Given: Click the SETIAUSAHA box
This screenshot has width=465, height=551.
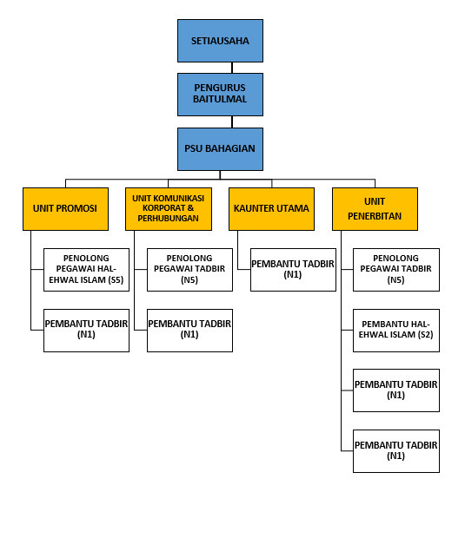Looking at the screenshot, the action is (220, 41).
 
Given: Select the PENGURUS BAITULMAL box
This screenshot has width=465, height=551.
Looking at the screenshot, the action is (220, 95).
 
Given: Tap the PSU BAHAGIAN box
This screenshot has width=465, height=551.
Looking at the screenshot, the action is (220, 149).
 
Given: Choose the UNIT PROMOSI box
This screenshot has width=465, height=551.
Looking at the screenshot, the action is (65, 209).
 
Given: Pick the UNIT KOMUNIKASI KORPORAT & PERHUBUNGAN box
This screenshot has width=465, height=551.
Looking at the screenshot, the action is (169, 209).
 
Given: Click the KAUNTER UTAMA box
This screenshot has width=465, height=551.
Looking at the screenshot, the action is (271, 209).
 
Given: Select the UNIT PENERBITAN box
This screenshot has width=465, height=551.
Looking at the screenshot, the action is (375, 209).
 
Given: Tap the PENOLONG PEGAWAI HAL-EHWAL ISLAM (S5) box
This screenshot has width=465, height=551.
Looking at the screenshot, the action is (86, 270).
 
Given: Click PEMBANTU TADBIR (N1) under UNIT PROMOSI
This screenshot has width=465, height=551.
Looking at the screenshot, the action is (86, 331).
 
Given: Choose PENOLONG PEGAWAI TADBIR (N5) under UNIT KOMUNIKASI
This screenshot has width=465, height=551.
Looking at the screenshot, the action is (189, 270).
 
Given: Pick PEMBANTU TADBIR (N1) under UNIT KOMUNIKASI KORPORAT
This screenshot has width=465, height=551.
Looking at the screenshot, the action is (189, 331).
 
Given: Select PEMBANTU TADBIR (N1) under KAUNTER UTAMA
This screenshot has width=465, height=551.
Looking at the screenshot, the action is (293, 270).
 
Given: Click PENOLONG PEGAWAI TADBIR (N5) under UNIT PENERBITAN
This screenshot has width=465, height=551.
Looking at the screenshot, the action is (396, 270).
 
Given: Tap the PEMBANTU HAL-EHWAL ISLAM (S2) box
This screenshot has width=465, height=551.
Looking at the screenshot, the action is (396, 331).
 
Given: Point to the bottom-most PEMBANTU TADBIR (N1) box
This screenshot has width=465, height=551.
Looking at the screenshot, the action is (396, 451).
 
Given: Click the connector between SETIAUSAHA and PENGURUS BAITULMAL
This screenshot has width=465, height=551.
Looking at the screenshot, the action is (232, 68).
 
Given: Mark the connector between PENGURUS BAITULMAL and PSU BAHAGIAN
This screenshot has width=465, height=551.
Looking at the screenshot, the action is (232, 122).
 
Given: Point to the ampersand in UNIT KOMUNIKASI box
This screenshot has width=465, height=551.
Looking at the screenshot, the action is (190, 207).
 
